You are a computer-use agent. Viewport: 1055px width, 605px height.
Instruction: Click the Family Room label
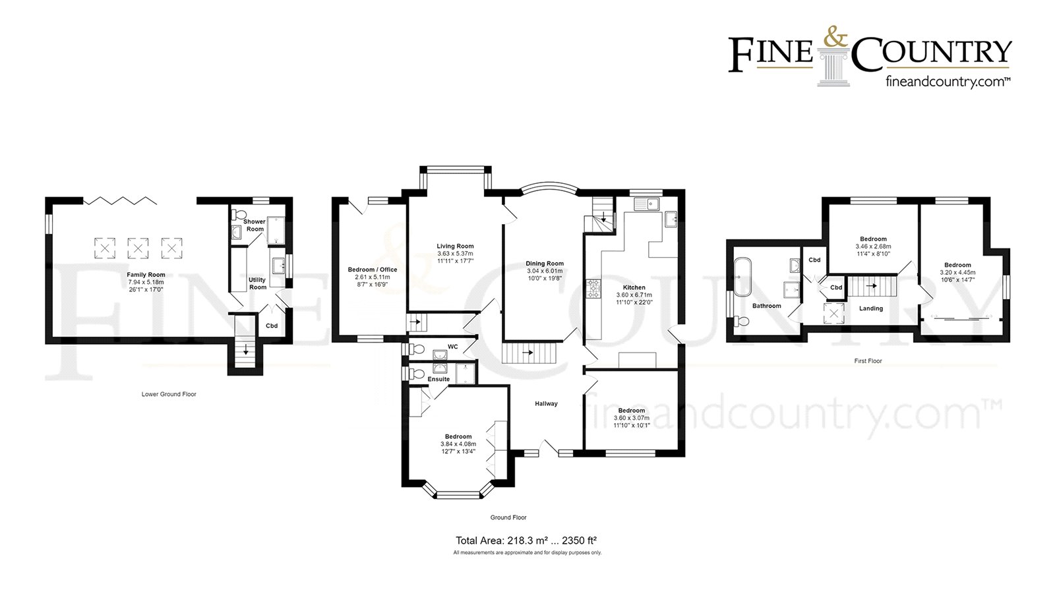(x=146, y=275)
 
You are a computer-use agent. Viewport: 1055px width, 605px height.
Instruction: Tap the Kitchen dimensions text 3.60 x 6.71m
(x=634, y=295)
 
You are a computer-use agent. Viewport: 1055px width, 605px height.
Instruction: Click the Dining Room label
(x=545, y=264)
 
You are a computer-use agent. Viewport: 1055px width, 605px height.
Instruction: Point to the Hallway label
(x=546, y=404)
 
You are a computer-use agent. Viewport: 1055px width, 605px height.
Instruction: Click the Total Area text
(x=526, y=540)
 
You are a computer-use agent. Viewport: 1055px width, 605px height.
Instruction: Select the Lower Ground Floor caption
(x=169, y=394)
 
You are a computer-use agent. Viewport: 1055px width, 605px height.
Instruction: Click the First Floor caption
(x=868, y=361)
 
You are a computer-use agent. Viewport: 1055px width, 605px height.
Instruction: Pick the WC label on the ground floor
(x=452, y=347)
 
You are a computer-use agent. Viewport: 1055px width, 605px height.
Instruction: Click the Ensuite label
(x=438, y=379)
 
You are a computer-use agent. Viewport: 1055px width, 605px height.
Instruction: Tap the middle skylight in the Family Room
(x=137, y=248)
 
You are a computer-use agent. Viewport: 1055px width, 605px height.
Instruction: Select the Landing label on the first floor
(x=870, y=308)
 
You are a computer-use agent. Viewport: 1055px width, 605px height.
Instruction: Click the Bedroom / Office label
(x=373, y=270)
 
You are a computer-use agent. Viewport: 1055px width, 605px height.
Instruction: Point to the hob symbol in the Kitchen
(x=593, y=287)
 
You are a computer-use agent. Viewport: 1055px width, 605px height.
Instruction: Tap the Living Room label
(x=455, y=246)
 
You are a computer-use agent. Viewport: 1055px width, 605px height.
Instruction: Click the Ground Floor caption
(x=508, y=517)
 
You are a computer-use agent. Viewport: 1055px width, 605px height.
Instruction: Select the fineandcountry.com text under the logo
(x=947, y=82)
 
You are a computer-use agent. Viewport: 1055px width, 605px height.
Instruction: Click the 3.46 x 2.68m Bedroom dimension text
(x=873, y=246)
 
